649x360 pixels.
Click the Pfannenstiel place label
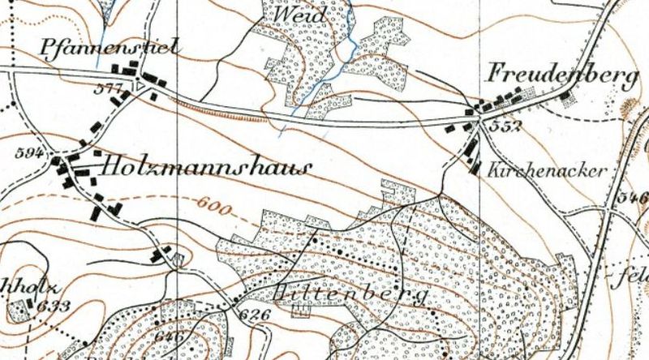pyautogui.click(x=108, y=49)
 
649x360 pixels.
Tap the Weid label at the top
pyautogui.click(x=300, y=15)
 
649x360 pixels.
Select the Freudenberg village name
pyautogui.click(x=562, y=75)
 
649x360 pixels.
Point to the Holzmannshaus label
pyautogui.click(x=206, y=168)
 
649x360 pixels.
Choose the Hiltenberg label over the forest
pyautogui.click(x=353, y=294)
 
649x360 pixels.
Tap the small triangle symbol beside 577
pyautogui.click(x=140, y=84)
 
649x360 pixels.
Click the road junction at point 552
pyautogui.click(x=479, y=122)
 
